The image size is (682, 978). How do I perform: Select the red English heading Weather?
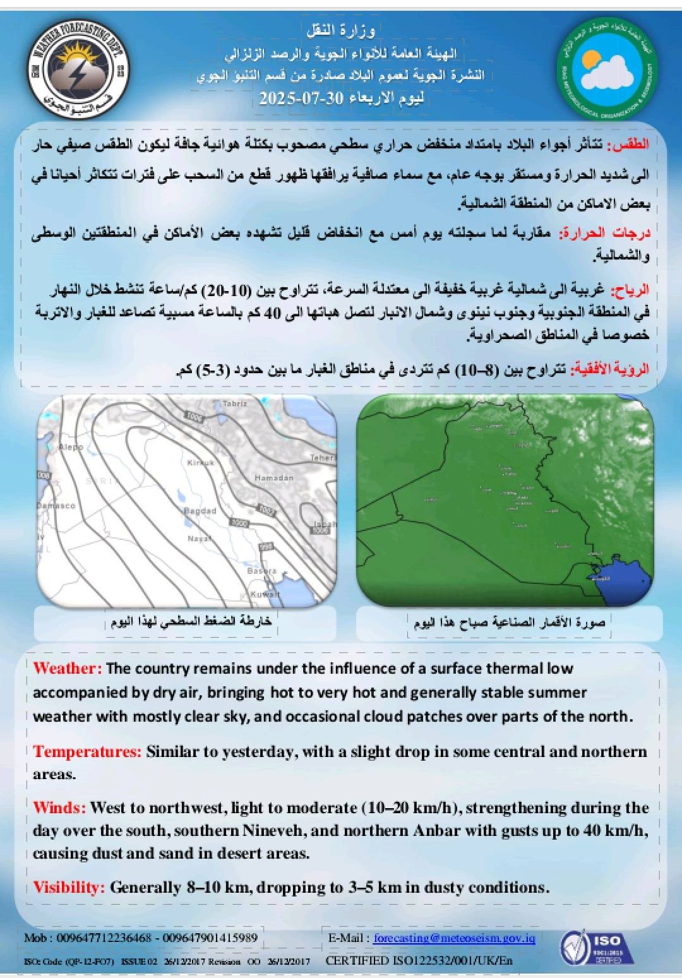tap(67, 668)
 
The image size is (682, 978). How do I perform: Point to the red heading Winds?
tap(59, 808)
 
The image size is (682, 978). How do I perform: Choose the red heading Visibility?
tap(69, 887)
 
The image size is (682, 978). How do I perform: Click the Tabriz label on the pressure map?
tap(236, 403)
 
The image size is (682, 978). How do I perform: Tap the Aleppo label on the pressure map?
tap(71, 447)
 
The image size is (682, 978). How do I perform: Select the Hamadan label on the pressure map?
tap(273, 478)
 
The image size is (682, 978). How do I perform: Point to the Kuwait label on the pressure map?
tap(265, 594)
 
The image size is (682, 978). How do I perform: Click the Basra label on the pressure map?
tap(261, 571)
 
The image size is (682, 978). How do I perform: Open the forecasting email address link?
tap(454, 938)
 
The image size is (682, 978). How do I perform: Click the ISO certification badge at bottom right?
tap(592, 948)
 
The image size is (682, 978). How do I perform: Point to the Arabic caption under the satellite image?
tap(509, 622)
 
